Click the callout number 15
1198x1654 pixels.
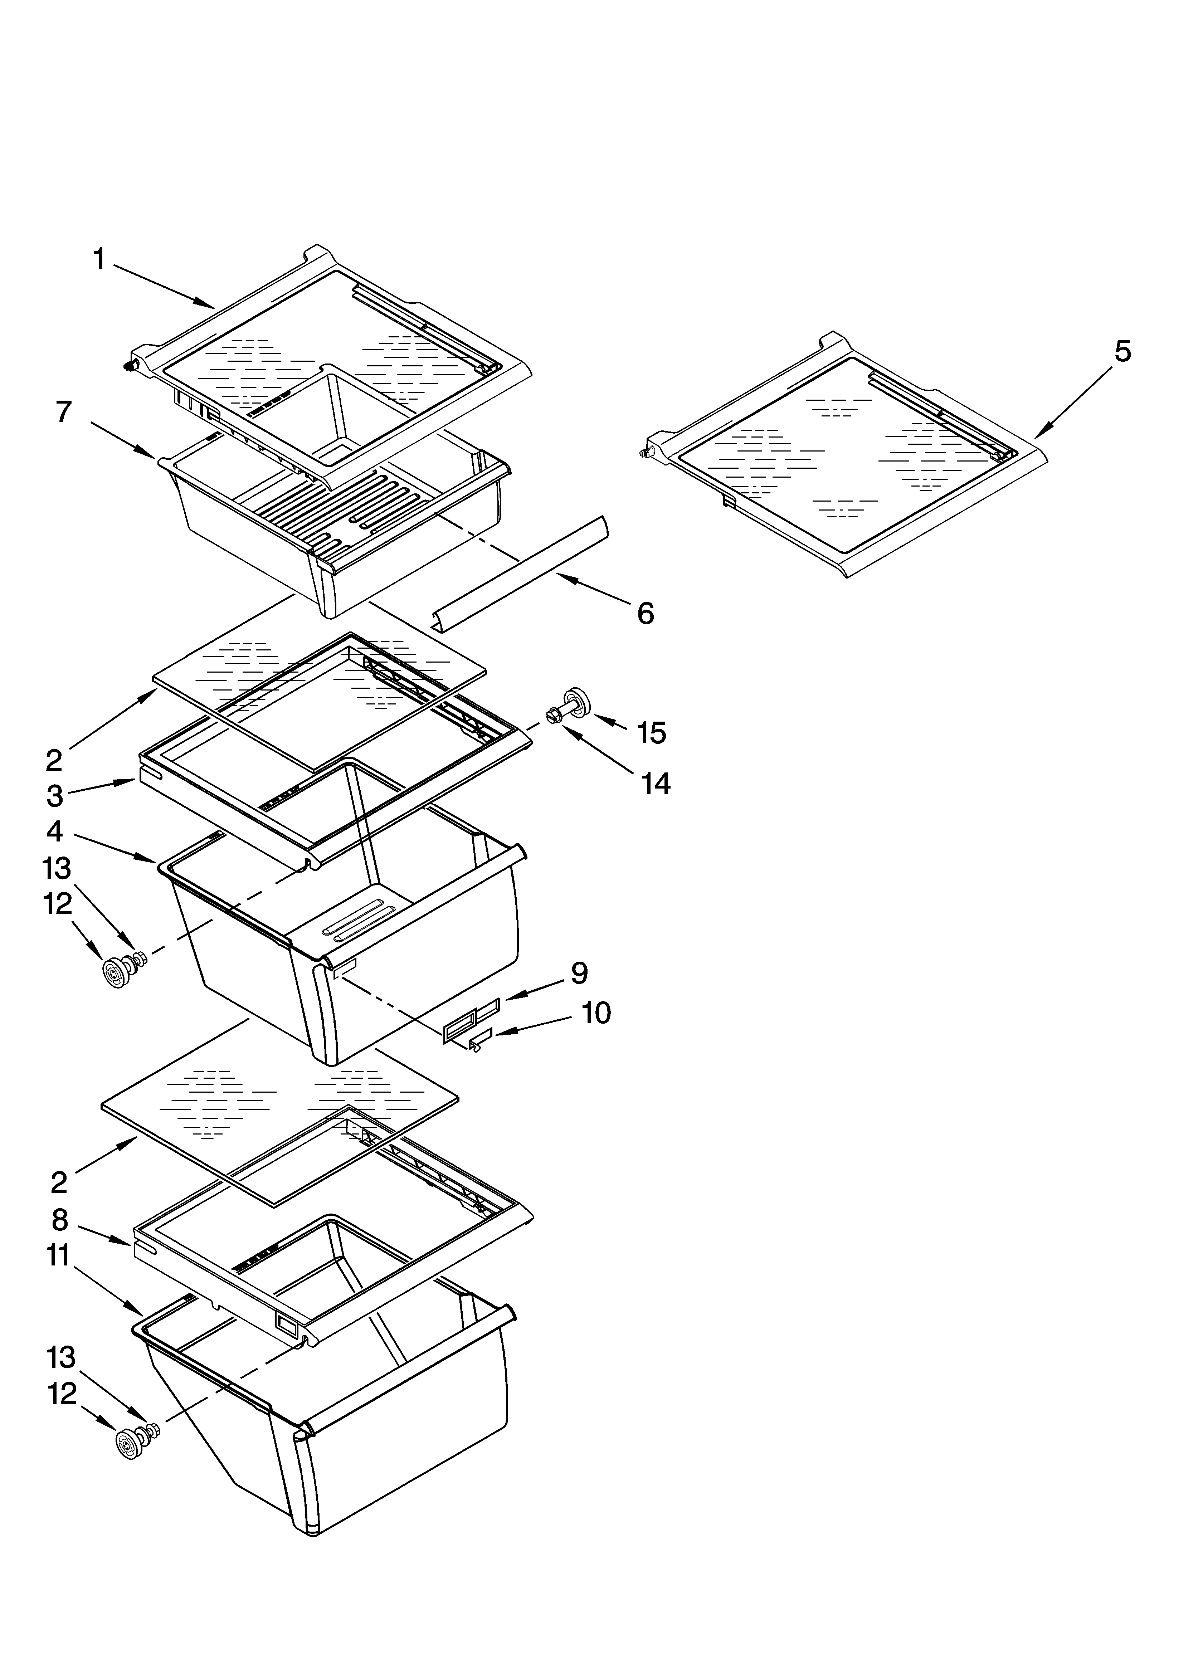[x=652, y=733]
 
